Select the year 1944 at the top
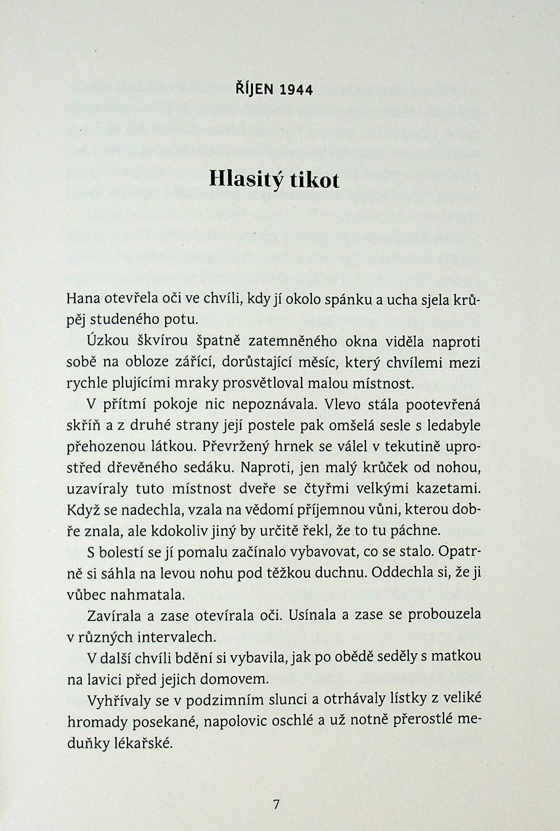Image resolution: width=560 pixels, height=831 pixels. (x=296, y=90)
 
